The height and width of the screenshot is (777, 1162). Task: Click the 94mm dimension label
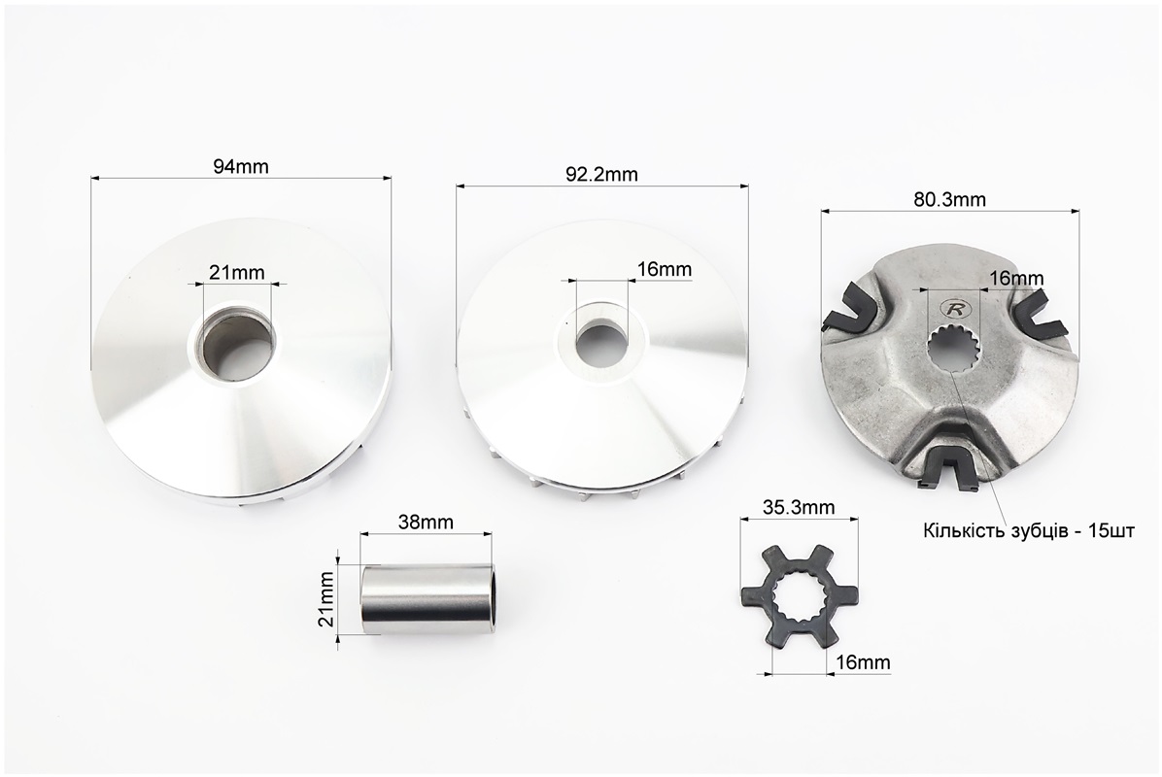point(241,167)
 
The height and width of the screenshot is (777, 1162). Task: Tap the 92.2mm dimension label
point(601,174)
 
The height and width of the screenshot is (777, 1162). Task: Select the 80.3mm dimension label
point(949,199)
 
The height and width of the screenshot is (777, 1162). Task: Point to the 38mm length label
point(426,522)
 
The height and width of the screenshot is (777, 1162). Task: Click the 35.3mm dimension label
point(799,507)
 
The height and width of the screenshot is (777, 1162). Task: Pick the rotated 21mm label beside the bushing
point(326,598)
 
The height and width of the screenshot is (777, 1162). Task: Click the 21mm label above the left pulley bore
point(236,273)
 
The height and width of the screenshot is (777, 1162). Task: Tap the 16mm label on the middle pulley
point(664,269)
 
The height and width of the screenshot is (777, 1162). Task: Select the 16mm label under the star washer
point(863,661)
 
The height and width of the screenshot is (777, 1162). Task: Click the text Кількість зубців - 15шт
point(1029,531)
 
